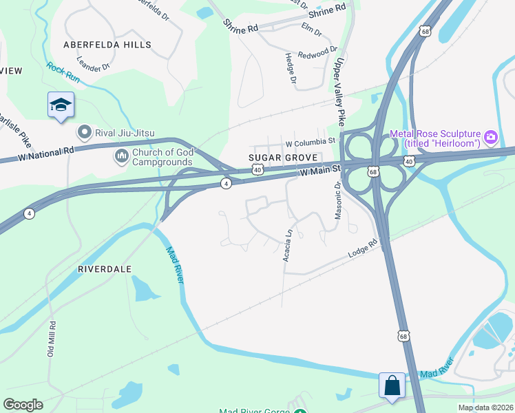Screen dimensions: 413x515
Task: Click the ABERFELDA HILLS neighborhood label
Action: point(107,45)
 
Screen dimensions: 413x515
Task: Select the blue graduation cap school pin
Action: point(61,105)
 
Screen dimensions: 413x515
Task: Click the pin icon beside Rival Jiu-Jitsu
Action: point(85,131)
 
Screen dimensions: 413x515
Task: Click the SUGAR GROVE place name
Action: point(282,158)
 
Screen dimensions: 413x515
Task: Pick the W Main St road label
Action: point(321,169)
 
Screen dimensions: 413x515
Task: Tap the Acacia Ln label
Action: point(290,241)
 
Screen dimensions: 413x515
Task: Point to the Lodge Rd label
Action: point(363,249)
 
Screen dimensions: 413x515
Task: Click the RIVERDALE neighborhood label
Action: point(104,269)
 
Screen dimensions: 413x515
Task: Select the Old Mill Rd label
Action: point(51,337)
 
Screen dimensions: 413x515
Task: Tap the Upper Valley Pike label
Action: point(339,90)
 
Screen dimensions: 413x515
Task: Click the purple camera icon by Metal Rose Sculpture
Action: point(491,137)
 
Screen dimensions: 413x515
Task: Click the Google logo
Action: point(23,405)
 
